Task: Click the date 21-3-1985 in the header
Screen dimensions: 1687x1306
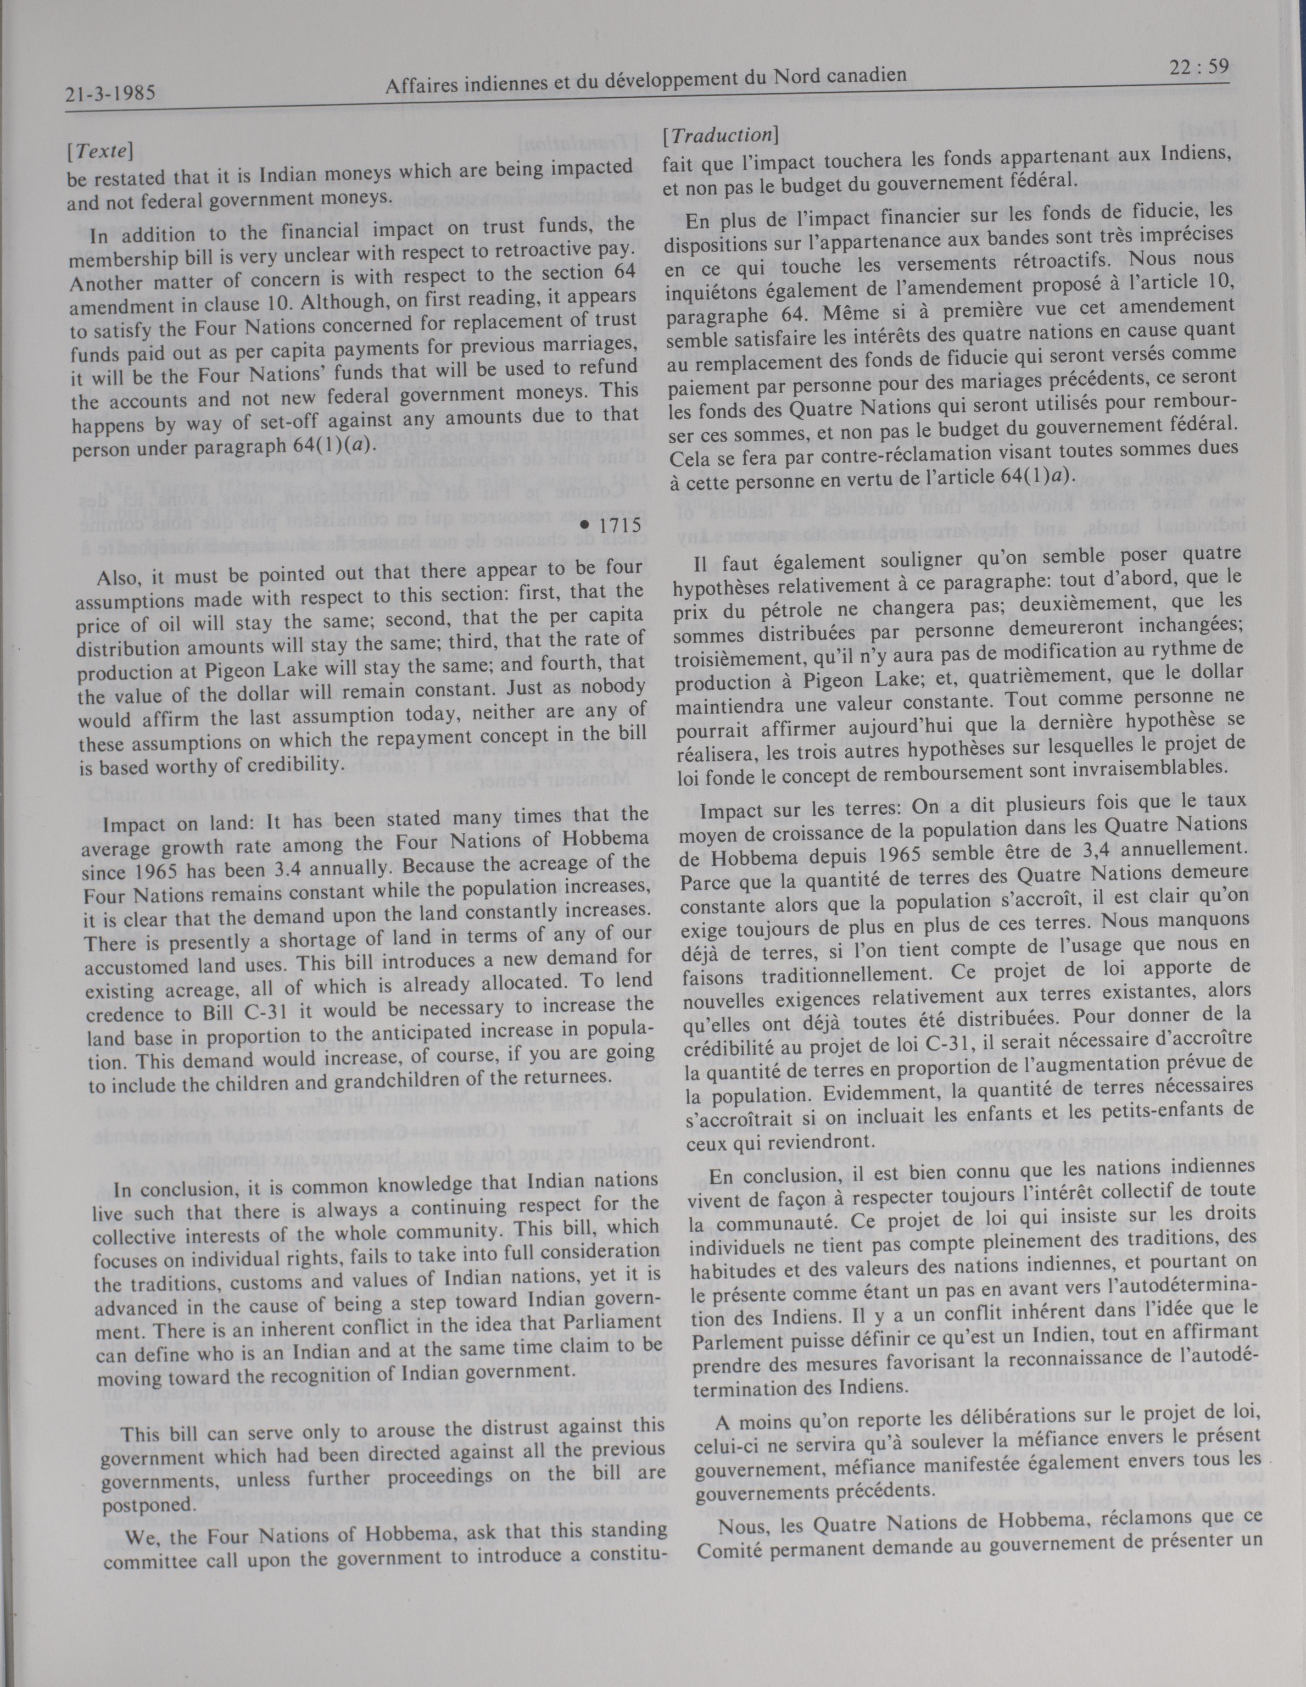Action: pos(110,94)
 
